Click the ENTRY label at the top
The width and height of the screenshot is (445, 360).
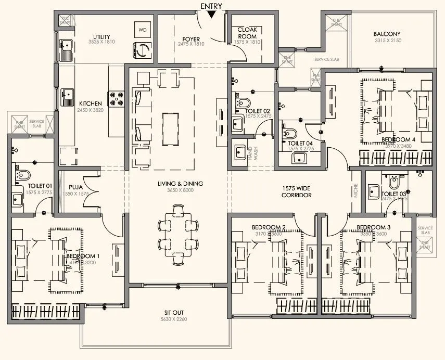211,6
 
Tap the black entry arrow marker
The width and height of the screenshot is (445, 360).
211,14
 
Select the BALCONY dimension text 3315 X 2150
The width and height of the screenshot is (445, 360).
387,41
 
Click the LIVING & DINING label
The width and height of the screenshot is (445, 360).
181,184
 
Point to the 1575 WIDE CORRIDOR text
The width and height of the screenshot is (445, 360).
297,191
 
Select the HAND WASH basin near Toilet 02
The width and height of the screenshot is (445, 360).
241,153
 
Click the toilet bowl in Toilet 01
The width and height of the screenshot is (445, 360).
23,174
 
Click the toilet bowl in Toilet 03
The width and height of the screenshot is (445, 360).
394,183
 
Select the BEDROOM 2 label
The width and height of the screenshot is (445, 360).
269,227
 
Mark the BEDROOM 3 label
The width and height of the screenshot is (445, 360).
373,227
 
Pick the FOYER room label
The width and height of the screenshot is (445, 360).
191,39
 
